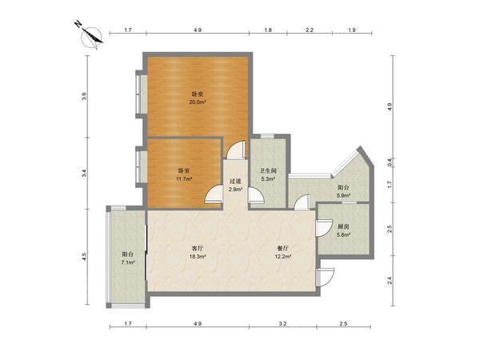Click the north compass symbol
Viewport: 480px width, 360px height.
tap(91, 35)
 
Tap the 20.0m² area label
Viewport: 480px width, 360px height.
tap(197, 102)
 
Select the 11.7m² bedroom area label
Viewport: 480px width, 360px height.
tap(184, 178)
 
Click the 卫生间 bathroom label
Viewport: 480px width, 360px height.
tap(268, 171)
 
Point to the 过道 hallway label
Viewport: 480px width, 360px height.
tap(235, 182)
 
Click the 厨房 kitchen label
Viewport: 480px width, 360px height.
tap(343, 227)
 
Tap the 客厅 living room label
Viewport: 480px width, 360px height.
tap(197, 248)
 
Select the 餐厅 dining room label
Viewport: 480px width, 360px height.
tap(282, 248)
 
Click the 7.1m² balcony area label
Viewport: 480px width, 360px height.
tap(128, 262)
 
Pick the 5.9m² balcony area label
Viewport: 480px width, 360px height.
tap(343, 194)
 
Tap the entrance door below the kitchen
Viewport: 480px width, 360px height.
tap(325, 277)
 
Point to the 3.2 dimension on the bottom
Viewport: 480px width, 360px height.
tap(283, 323)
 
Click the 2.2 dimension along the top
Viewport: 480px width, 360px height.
tap(310, 30)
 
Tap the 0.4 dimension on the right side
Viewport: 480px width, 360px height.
tap(390, 162)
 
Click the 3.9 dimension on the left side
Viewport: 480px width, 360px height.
tap(85, 96)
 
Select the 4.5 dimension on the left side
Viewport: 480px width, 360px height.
tap(85, 257)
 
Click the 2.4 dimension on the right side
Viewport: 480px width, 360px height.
tap(390, 281)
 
